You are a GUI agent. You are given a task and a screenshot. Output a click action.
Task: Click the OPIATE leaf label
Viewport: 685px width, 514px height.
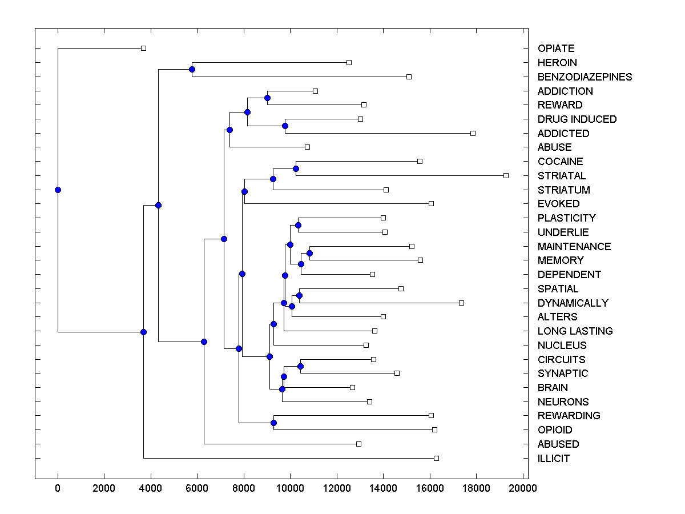coord(556,49)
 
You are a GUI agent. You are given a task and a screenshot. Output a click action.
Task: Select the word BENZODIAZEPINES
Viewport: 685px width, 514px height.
coord(585,77)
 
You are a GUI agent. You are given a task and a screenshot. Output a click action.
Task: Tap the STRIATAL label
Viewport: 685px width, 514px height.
coord(562,176)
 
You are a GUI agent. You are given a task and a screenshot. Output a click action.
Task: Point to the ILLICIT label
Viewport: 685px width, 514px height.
coord(554,459)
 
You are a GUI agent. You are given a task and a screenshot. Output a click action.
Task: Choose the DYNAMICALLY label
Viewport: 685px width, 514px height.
coord(573,303)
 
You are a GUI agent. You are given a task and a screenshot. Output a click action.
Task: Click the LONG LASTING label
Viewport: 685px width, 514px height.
coord(575,331)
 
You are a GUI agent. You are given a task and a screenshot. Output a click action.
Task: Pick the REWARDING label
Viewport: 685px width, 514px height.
coord(569,416)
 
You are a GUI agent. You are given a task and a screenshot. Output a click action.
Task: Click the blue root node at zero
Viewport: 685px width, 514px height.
coord(58,190)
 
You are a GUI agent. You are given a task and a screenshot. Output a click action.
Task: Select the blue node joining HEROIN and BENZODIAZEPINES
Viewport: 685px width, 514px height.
coord(192,70)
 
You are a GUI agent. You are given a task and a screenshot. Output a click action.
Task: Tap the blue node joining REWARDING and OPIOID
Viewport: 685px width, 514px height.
coord(273,423)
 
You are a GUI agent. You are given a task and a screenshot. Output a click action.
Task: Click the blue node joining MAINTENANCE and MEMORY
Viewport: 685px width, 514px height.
coord(310,253)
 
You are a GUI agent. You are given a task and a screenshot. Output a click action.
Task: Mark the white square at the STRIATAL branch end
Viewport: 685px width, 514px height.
coord(506,175)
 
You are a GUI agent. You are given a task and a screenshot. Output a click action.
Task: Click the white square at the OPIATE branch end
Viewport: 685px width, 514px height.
coord(144,48)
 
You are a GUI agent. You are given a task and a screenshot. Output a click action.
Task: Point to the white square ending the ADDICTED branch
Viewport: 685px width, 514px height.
coord(473,133)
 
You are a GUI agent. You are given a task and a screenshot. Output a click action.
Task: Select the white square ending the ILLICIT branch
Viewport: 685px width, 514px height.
coord(436,458)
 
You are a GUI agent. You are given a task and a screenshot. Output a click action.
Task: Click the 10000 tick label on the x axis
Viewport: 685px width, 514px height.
coord(290,488)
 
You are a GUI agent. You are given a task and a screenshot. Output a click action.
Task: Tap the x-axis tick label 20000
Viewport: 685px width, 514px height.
coord(522,488)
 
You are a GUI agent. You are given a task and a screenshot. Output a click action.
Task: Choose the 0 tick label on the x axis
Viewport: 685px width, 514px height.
coord(58,488)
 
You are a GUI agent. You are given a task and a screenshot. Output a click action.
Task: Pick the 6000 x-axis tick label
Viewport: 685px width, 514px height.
coord(197,488)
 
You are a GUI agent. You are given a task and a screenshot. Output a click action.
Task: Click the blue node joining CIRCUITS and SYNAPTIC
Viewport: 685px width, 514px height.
coord(301,366)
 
